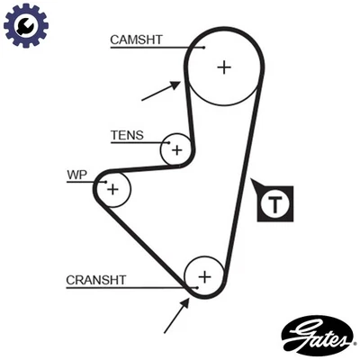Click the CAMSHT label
(136, 40)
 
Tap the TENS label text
(127, 135)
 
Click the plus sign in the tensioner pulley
(177, 149)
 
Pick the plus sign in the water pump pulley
(112, 189)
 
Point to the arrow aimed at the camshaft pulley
(160, 89)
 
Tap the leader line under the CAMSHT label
(153, 48)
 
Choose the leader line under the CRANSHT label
(126, 289)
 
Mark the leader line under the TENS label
(135, 144)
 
